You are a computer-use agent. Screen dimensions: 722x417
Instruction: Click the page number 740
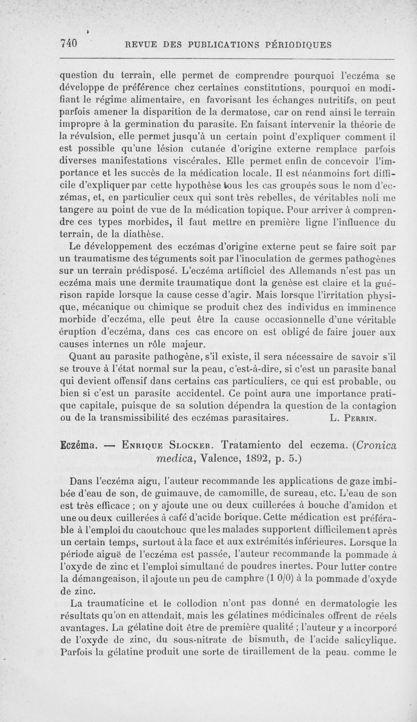tap(68, 44)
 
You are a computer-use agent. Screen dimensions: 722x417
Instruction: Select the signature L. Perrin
tap(357, 418)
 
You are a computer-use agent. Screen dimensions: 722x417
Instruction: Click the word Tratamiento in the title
tap(253, 446)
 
